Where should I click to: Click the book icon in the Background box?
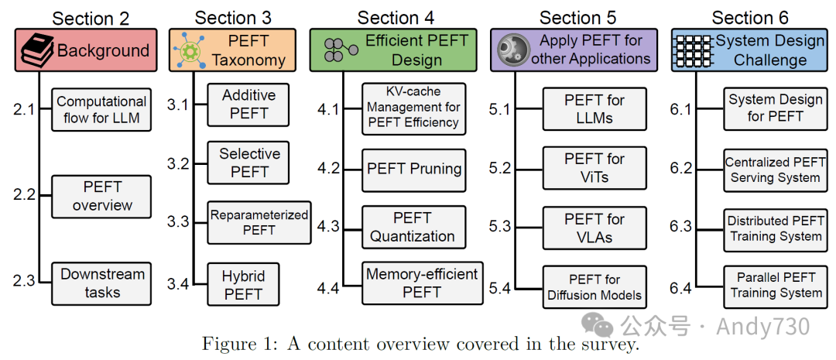pyautogui.click(x=36, y=51)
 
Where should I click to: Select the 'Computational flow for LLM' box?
pyautogui.click(x=101, y=110)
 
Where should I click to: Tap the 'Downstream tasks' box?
pyautogui.click(x=102, y=283)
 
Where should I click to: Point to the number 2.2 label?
pyautogui.click(x=24, y=194)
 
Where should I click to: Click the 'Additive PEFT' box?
pyautogui.click(x=248, y=105)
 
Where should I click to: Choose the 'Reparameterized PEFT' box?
pyautogui.click(x=259, y=222)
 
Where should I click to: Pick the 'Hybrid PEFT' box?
pyautogui.click(x=243, y=285)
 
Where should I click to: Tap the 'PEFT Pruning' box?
pyautogui.click(x=414, y=170)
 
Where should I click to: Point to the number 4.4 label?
pyautogui.click(x=328, y=290)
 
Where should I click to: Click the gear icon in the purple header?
pyautogui.click(x=512, y=50)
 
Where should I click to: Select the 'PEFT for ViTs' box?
pyautogui.click(x=594, y=168)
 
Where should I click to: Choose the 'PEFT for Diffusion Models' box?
pyautogui.click(x=594, y=287)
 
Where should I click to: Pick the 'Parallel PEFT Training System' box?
pyautogui.click(x=776, y=286)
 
